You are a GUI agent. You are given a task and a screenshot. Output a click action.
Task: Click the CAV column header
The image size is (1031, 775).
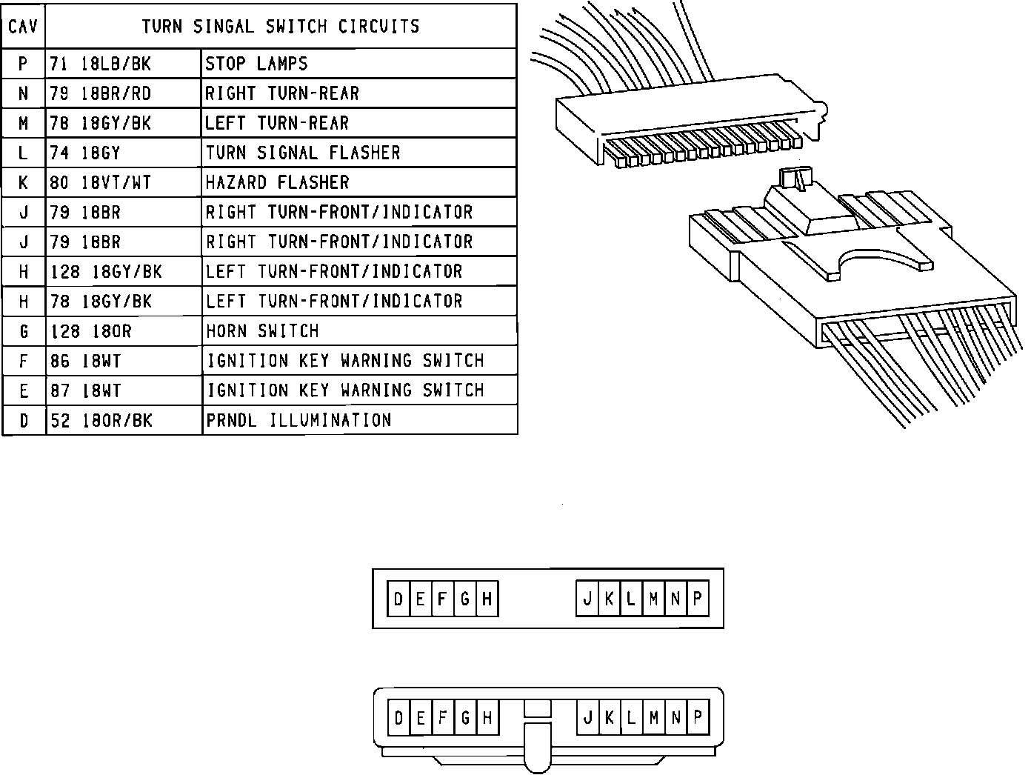point(24,27)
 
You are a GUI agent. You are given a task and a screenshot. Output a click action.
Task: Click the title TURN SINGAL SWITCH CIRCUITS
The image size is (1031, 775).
point(280,27)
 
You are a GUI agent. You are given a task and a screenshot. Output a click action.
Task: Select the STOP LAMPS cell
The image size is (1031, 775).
point(256,64)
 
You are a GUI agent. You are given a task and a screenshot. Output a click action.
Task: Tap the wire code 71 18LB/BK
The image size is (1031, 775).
point(100,64)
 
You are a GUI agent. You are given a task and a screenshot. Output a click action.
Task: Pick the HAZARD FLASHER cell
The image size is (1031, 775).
point(277,182)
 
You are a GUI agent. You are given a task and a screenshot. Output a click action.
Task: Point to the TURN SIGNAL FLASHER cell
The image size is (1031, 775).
point(302,153)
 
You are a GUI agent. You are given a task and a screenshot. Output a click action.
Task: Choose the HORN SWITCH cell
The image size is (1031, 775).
point(262,330)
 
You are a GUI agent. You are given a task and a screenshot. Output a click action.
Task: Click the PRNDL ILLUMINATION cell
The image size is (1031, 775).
point(298,420)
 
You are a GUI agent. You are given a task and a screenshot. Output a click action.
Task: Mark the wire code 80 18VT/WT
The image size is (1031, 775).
point(100,182)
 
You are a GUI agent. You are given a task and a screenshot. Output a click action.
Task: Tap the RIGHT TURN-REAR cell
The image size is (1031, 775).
point(281,93)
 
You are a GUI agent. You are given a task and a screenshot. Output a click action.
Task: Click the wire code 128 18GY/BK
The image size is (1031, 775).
point(106,272)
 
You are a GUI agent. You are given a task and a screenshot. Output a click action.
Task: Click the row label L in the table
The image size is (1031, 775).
point(24,153)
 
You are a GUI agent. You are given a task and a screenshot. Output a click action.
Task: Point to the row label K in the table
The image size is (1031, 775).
point(24,182)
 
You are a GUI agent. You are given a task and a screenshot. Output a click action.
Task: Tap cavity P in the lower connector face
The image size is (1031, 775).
point(698,717)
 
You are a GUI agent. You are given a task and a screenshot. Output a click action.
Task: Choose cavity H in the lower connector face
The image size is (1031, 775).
point(487,717)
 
